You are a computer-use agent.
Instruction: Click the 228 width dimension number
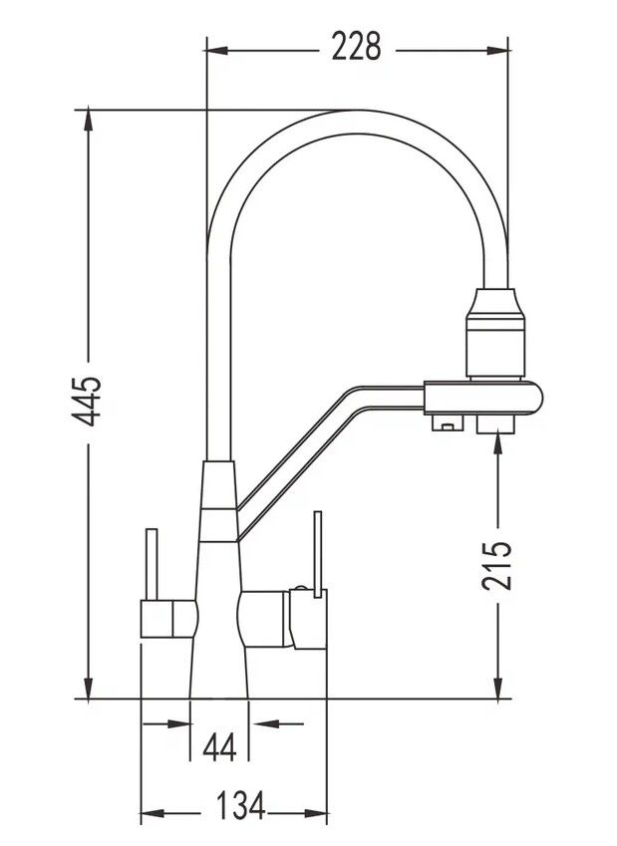click(x=356, y=47)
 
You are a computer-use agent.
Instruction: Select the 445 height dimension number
click(x=88, y=401)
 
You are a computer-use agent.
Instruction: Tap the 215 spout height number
click(x=496, y=564)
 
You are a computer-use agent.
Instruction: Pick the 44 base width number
click(x=219, y=748)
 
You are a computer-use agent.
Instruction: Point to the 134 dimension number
click(x=241, y=805)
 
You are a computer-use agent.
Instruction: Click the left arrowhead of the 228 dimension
click(x=217, y=51)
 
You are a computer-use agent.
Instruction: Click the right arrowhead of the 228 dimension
click(x=497, y=51)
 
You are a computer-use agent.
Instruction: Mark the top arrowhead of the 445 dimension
click(x=88, y=121)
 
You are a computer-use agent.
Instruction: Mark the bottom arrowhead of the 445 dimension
click(x=88, y=688)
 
